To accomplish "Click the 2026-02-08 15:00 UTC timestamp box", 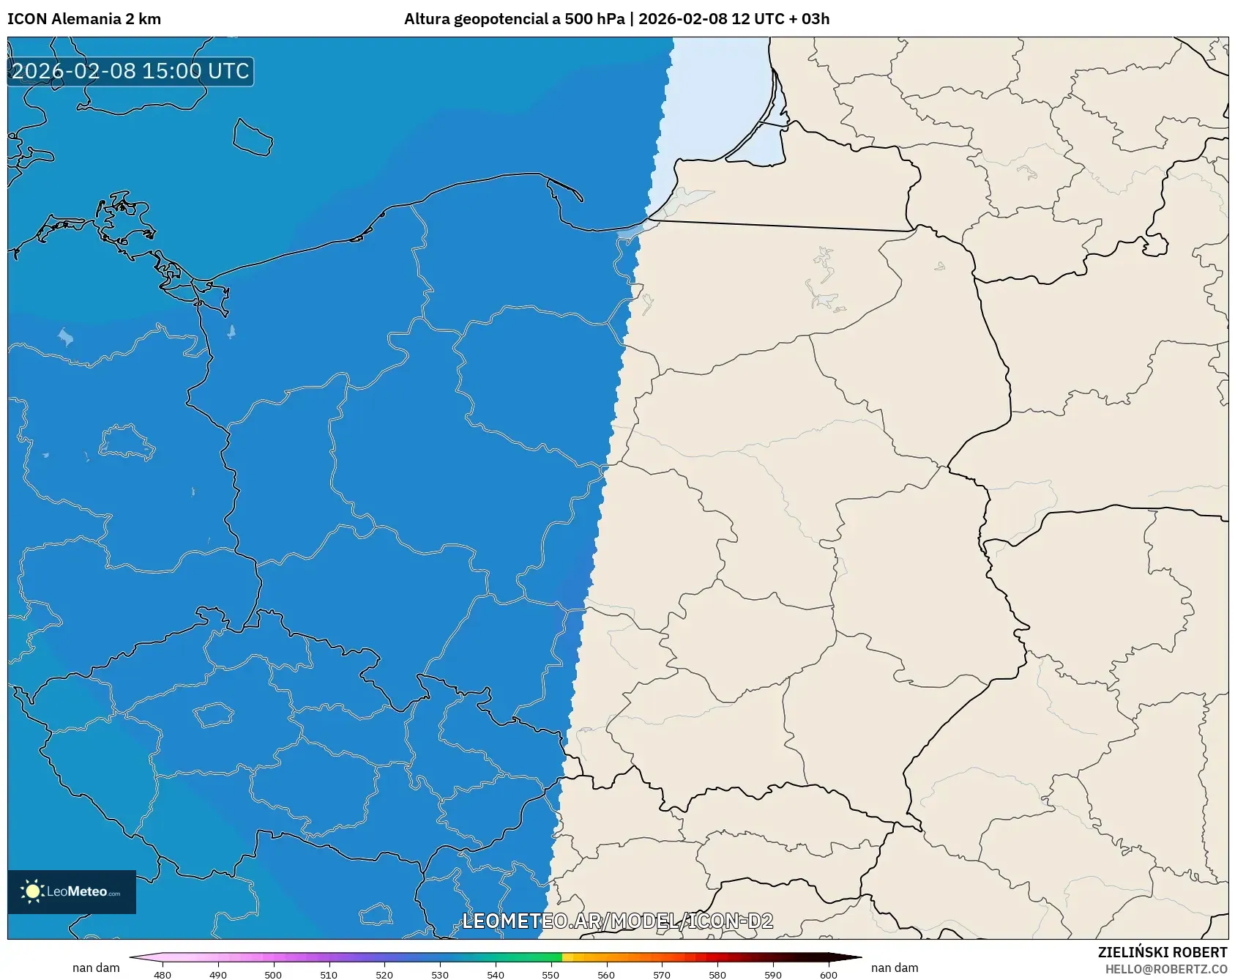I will pos(130,71).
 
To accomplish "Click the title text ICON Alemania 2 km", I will pos(84,19).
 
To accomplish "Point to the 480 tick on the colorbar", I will pos(163,974).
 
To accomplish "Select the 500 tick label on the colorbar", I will pos(273,974).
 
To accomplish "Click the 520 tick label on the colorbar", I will pos(384,974).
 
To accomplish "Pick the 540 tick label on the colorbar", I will pos(496,974).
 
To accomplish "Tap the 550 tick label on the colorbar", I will pos(551,974).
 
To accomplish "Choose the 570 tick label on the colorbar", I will pos(662,974).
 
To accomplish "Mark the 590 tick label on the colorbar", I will pos(773,974).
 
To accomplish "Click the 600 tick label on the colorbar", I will pos(829,974).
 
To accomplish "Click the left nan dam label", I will pos(96,968).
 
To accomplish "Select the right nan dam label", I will pos(895,968).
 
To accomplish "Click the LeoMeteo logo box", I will pos(72,891).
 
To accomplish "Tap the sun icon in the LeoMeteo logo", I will pos(32,891).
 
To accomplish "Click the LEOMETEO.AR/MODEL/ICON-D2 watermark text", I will pos(617,921).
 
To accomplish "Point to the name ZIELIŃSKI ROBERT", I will pos(1163,952).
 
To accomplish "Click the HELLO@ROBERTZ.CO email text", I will pos(1166,969).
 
